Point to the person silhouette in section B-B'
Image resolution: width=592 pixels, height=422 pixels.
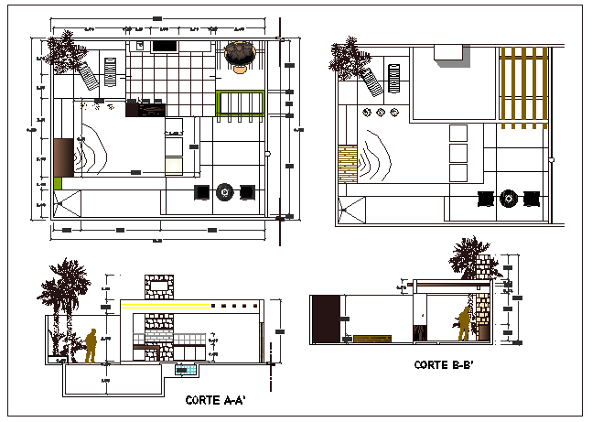pos(464,322)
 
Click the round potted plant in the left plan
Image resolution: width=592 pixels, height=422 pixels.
pos(241,55)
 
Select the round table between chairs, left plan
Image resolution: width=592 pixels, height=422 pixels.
pos(224,191)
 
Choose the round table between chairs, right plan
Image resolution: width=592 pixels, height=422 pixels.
pos(508,198)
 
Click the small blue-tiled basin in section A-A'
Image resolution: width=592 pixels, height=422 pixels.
pos(187,370)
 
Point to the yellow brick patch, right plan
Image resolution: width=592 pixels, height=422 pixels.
pos(348,162)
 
